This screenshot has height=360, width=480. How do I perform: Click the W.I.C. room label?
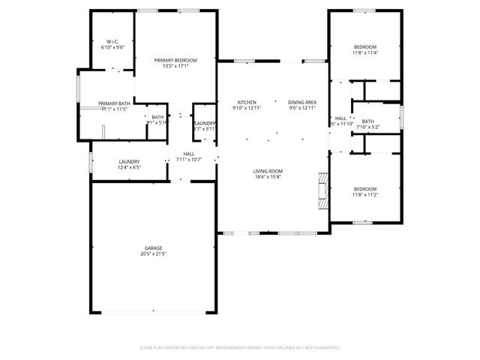point(112,41)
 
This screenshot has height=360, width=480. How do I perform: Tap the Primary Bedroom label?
point(175,60)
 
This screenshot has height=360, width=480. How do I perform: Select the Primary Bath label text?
point(114,103)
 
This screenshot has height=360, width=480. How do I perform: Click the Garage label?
point(154,248)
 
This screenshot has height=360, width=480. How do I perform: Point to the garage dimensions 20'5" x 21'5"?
point(154,255)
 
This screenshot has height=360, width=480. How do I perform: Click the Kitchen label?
point(247,103)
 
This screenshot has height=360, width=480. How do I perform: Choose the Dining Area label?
point(302,103)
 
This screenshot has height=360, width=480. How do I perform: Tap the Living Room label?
point(268,170)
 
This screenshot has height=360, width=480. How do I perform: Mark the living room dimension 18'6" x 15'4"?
point(268,177)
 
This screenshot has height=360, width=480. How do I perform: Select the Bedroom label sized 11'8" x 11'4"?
point(365,46)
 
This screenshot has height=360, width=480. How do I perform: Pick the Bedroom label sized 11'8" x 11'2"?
point(365,189)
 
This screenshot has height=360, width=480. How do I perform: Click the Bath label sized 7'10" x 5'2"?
point(367,121)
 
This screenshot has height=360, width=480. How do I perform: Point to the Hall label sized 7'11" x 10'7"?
point(189,154)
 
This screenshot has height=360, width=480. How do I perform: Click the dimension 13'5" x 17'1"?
point(175,66)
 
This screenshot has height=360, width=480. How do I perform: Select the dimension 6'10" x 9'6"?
point(112,47)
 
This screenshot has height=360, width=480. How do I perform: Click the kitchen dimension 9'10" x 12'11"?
point(247,109)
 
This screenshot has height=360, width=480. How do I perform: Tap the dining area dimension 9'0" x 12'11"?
point(302,109)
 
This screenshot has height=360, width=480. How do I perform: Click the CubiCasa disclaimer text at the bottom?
point(240,348)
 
